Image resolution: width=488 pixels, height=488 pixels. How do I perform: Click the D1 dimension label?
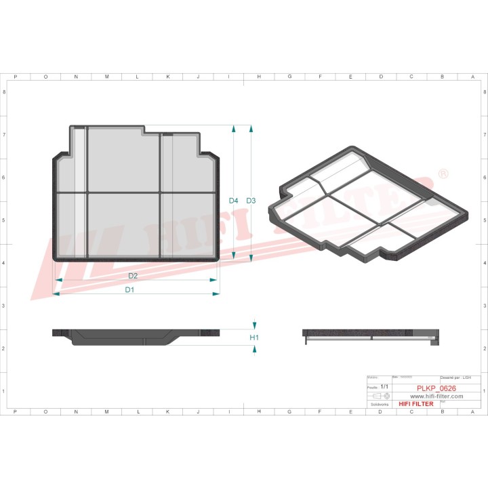click(129, 289)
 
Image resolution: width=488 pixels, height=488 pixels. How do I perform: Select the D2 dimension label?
click(133, 276)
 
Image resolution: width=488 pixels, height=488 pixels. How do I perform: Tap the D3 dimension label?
click(251, 201)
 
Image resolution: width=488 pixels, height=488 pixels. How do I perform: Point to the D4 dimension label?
click(233, 201)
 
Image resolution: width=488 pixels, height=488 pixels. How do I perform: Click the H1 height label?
click(255, 337)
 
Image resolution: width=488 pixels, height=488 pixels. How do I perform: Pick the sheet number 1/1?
click(384, 386)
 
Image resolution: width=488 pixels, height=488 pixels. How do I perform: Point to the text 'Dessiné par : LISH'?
click(460, 377)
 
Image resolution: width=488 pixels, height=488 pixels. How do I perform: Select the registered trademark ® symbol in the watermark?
click(444, 174)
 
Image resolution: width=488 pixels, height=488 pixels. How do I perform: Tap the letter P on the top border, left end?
click(15, 77)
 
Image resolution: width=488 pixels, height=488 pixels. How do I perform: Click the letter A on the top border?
click(472, 77)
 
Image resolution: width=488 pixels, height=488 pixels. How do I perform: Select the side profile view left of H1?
click(136, 336)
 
